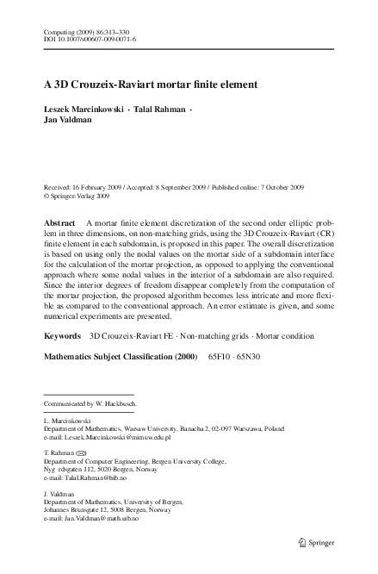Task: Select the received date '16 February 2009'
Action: [102, 186]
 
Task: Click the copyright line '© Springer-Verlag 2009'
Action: [77, 196]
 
